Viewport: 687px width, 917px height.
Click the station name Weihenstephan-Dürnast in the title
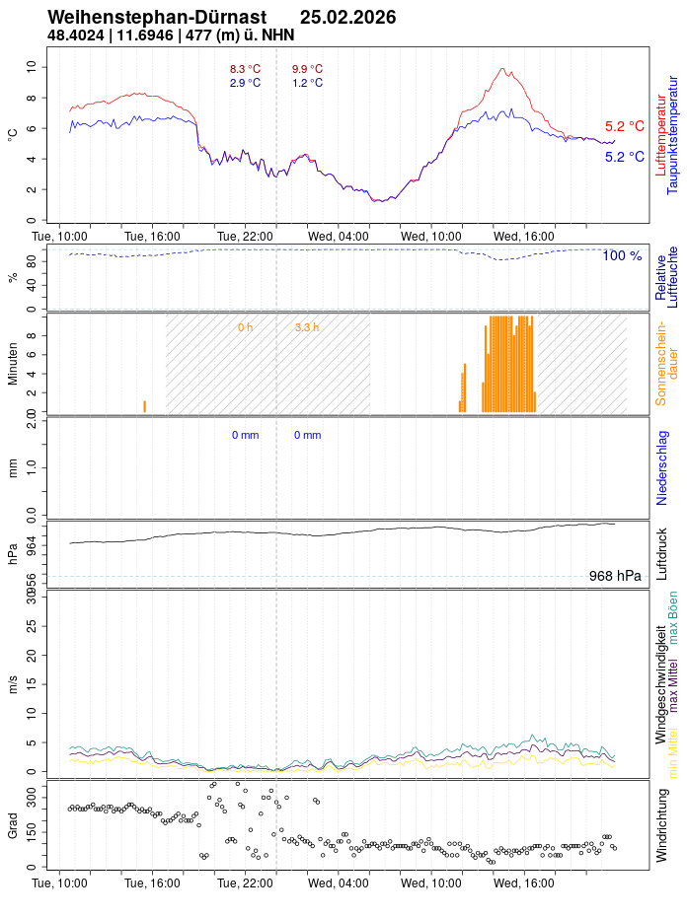157,18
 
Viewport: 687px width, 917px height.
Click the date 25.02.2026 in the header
347,18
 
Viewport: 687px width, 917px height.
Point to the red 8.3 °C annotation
245,69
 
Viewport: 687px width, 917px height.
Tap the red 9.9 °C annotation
307,69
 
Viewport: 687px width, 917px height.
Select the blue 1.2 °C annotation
307,83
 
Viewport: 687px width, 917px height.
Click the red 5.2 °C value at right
624,126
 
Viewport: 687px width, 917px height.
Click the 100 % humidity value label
622,256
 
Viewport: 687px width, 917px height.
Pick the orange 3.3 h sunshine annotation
307,326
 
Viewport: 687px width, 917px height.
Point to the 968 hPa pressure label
615,576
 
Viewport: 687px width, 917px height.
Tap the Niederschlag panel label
661,466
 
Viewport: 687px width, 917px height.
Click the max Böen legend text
673,618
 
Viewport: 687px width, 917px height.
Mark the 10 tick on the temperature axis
31,66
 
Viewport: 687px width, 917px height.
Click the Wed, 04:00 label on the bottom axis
338,883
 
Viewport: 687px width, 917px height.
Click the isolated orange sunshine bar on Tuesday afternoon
144,406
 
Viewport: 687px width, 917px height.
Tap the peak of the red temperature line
503,69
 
